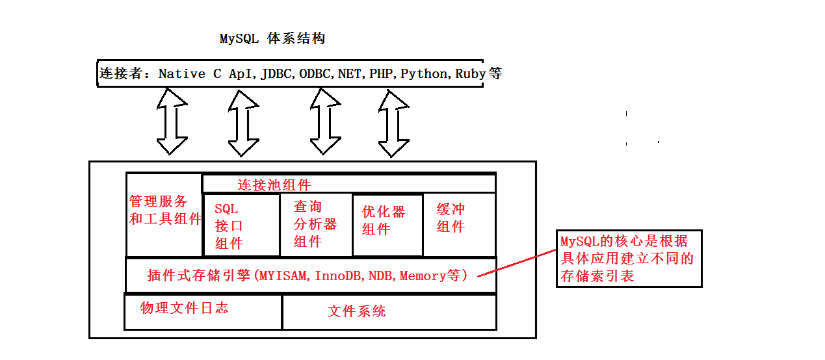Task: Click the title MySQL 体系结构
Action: [272, 39]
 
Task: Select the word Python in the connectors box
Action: [424, 73]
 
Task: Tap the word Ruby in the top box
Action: [470, 73]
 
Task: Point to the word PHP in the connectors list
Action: [381, 73]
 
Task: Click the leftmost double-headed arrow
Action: [172, 122]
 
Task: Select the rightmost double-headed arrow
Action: [393, 123]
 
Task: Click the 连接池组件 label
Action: [274, 185]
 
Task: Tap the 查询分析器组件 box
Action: [315, 224]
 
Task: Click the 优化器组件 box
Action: [387, 225]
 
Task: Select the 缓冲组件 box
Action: [458, 224]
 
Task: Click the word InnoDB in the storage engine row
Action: [339, 276]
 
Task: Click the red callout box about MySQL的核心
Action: [629, 259]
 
